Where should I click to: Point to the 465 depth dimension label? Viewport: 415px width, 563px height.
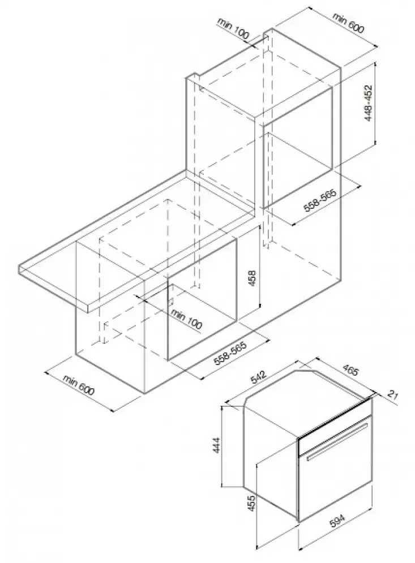click(x=350, y=370)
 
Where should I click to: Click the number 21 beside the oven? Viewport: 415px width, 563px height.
click(x=393, y=396)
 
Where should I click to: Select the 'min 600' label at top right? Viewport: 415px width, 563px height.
click(x=348, y=23)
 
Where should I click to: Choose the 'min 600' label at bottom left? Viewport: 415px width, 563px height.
click(x=79, y=385)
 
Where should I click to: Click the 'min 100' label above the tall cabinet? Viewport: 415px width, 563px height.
click(x=233, y=28)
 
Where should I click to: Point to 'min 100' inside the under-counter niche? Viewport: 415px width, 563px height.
click(x=186, y=319)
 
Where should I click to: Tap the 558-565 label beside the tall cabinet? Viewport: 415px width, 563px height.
click(x=320, y=201)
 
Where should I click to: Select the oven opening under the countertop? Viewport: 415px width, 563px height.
click(x=202, y=298)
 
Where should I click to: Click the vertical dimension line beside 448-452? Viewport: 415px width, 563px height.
click(x=375, y=104)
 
